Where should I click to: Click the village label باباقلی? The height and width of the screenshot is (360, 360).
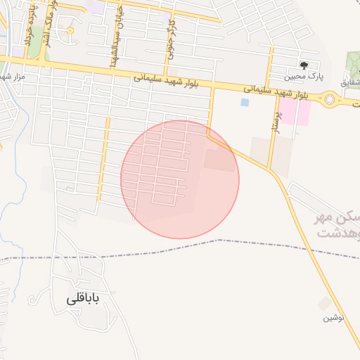tap(84, 299)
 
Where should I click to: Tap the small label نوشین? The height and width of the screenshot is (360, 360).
tap(333, 318)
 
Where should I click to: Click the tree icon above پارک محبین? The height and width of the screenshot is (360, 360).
tap(304, 64)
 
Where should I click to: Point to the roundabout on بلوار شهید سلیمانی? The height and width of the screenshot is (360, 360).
tap(330, 101)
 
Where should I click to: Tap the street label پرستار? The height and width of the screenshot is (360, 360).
tap(276, 120)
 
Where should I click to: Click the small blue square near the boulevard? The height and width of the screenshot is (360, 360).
tap(245, 103)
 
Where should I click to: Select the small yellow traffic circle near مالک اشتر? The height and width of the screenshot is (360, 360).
tap(70, 30)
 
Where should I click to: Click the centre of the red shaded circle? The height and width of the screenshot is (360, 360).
tap(180, 179)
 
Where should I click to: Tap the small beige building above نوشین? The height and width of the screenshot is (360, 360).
tap(324, 304)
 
